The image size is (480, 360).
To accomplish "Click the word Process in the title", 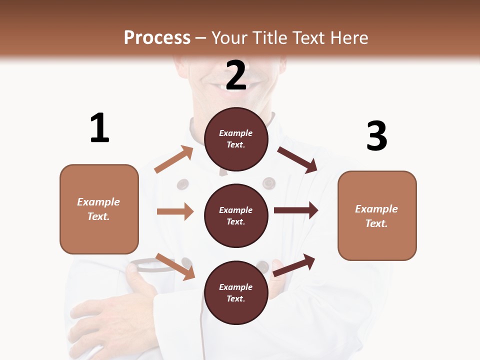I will (x=157, y=38).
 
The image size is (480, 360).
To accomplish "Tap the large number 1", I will (x=99, y=128).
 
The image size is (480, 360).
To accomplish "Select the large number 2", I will (x=236, y=75).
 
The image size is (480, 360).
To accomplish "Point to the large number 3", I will (x=377, y=136).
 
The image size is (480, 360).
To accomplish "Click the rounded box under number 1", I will (x=99, y=209).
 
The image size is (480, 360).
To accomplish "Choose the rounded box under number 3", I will (x=377, y=215).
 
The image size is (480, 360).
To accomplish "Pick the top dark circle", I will (x=236, y=139).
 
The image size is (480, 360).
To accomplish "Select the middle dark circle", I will (x=236, y=215).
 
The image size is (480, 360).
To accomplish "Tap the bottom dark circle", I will (x=236, y=292).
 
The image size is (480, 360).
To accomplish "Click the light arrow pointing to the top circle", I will (x=174, y=159).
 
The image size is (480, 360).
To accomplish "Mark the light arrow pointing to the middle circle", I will (x=175, y=211).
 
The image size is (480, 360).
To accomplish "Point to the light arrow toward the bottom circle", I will (x=175, y=266).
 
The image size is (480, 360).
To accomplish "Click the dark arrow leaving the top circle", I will (x=297, y=159).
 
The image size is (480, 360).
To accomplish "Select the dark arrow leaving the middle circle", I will (x=296, y=210).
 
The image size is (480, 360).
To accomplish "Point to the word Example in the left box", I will (x=98, y=202).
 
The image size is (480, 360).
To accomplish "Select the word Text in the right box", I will (x=376, y=223).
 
